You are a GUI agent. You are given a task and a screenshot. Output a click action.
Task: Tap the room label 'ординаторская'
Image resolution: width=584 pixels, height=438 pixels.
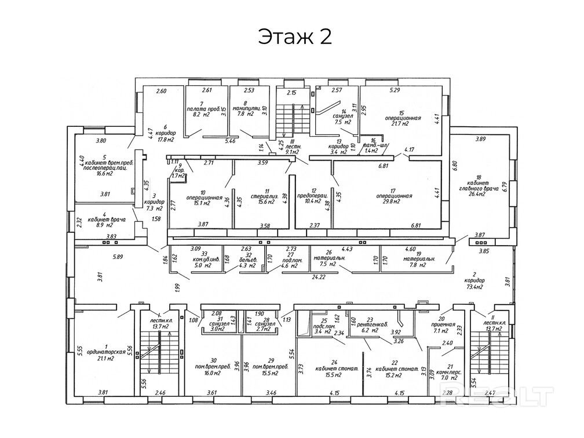click(105, 352)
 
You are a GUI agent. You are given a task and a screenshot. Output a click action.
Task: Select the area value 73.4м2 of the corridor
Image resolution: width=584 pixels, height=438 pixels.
click(475, 287)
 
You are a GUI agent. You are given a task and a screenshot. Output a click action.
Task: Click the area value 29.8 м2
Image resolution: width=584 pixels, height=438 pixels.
click(393, 202)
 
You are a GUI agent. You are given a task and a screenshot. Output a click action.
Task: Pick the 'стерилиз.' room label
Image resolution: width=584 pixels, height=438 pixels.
click(260, 196)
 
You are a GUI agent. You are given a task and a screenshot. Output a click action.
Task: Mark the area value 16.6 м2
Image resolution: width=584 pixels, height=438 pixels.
click(105, 173)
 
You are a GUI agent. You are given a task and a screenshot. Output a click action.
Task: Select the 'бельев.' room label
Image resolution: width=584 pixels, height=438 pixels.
click(247, 260)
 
